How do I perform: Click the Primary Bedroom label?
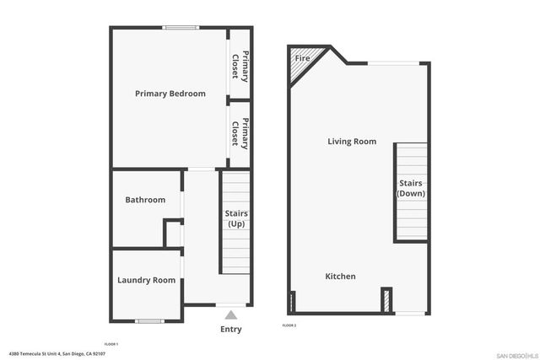170,94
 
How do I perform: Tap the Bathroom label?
145,200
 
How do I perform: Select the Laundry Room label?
146,280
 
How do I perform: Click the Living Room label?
352,142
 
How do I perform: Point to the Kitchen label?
341,277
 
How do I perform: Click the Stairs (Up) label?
235,218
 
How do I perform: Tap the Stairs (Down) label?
411,188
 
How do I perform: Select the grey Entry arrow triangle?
231,314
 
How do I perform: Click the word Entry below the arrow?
231,330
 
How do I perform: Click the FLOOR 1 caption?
111,344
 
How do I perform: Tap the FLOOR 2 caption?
289,325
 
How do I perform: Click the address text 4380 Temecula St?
57,354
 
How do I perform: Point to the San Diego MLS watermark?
515,354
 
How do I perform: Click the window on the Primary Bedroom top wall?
181,28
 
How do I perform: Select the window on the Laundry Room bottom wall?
149,320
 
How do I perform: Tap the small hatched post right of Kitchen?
386,300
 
